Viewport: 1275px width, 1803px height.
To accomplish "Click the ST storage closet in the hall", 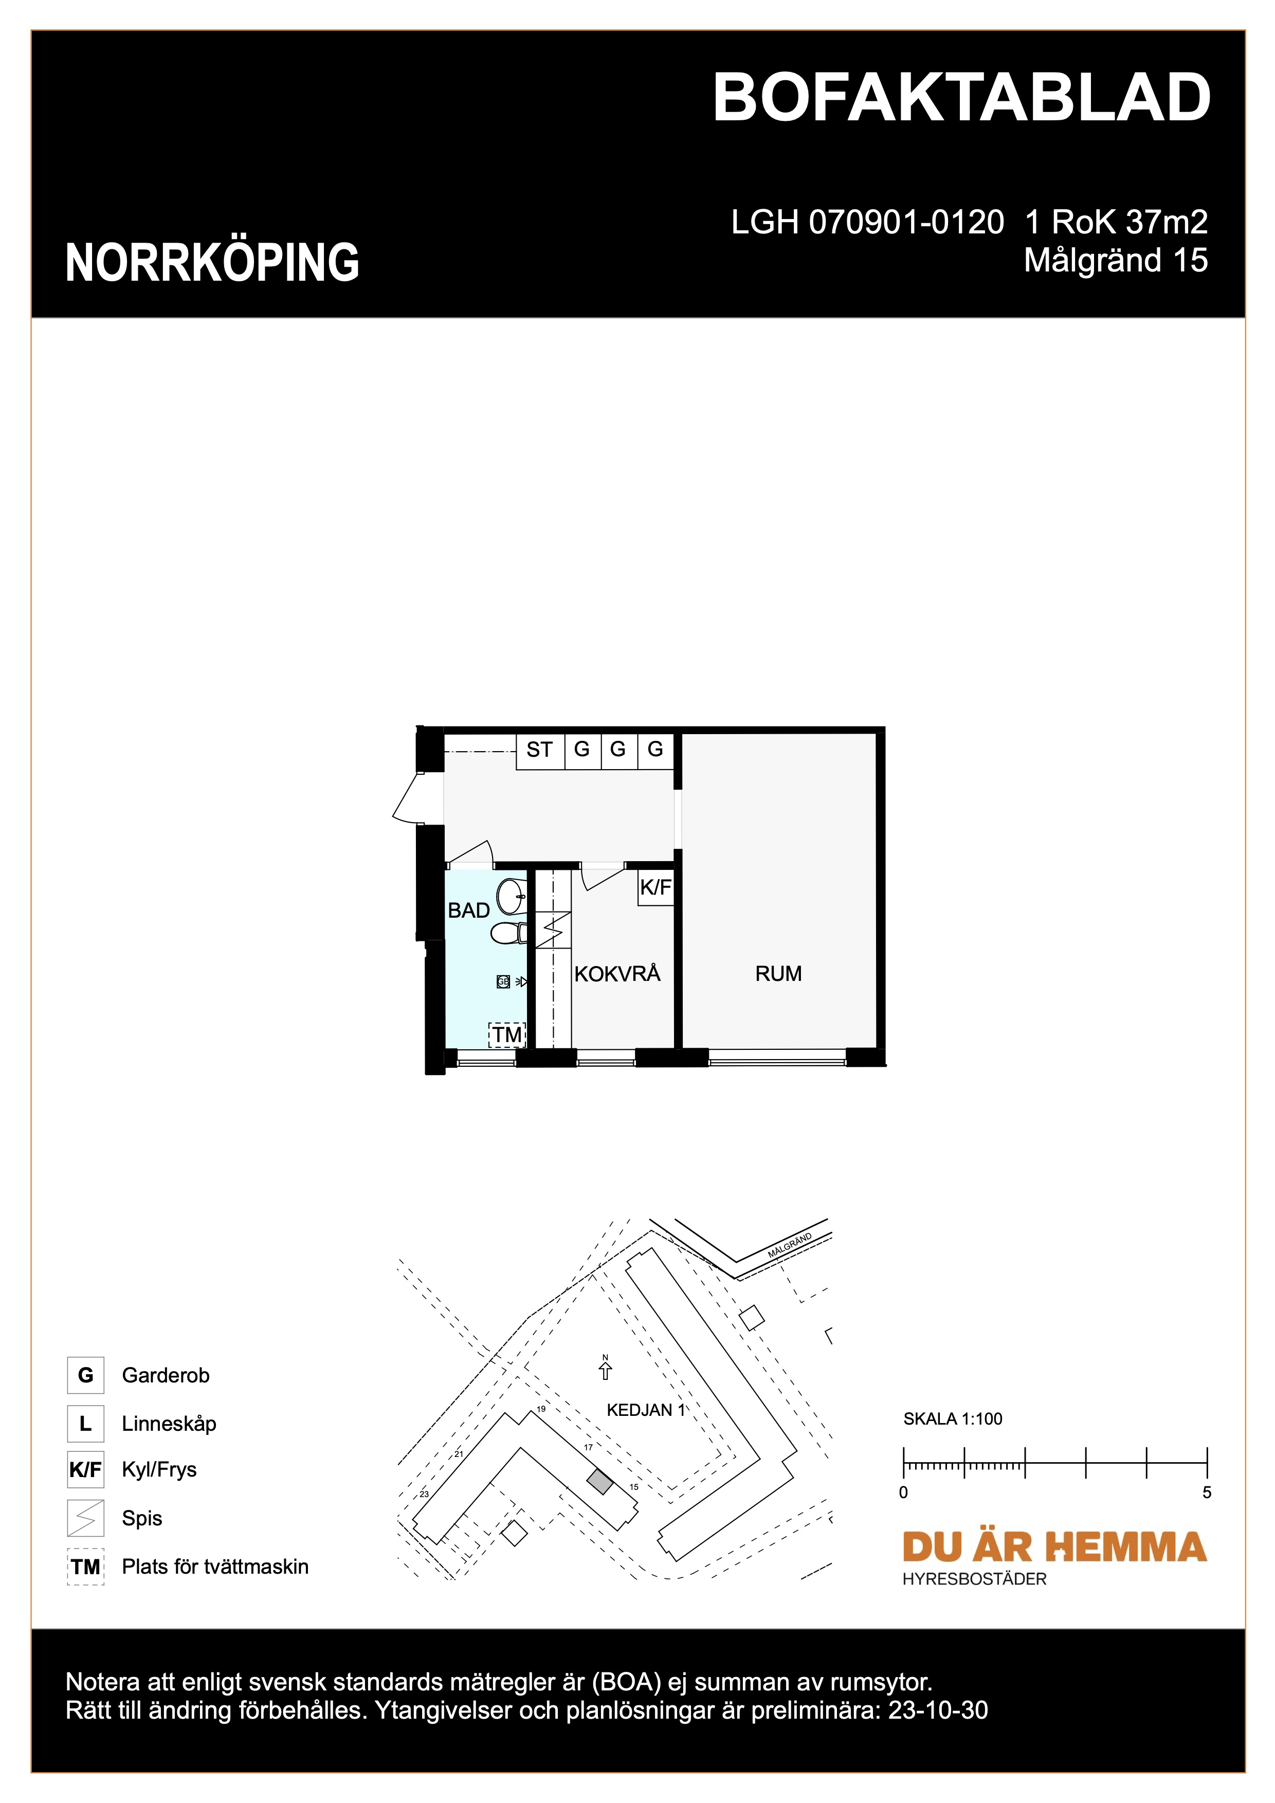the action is [540, 751].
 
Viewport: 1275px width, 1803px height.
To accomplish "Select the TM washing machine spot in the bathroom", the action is [507, 1034].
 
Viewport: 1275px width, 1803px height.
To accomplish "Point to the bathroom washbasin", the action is [512, 896].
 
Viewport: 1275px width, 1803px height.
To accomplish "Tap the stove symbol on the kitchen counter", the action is [553, 931].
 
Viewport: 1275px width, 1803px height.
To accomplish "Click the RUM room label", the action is [778, 974].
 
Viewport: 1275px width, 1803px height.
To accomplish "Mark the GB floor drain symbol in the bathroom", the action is [503, 981].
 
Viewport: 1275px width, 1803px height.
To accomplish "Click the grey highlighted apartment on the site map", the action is [600, 1482].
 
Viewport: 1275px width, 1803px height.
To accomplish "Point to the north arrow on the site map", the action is [605, 1370].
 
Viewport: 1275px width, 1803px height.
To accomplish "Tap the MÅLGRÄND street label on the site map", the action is [789, 1246].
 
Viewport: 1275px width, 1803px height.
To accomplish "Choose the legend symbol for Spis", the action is [85, 1518].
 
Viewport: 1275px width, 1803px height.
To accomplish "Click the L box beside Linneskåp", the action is [85, 1423].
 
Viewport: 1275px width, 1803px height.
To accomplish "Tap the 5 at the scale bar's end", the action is [1207, 1492].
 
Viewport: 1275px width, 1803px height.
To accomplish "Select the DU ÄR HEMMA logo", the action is [1053, 1546].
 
